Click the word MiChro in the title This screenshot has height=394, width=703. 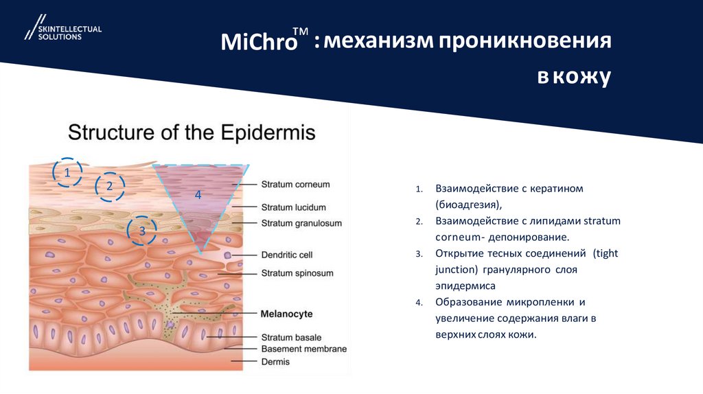click(x=259, y=43)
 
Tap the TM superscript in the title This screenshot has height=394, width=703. click(x=300, y=32)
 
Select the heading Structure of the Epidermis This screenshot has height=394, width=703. click(x=191, y=132)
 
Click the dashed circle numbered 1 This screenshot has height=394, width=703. click(x=67, y=173)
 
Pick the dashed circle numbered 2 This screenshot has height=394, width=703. click(x=109, y=185)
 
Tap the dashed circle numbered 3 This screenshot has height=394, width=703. click(x=142, y=231)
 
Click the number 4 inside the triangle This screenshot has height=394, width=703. click(x=198, y=195)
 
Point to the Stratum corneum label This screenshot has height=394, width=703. click(x=295, y=185)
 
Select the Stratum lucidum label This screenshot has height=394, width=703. click(x=293, y=207)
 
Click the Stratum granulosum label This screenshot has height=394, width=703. click(x=301, y=223)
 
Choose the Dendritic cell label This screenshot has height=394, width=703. click(x=287, y=255)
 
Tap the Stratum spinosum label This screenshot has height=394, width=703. click(x=297, y=273)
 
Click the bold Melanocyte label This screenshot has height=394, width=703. click(x=286, y=314)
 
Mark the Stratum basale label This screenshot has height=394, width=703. click(x=291, y=338)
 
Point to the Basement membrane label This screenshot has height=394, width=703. click(x=303, y=349)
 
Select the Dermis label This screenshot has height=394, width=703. click(x=275, y=362)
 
